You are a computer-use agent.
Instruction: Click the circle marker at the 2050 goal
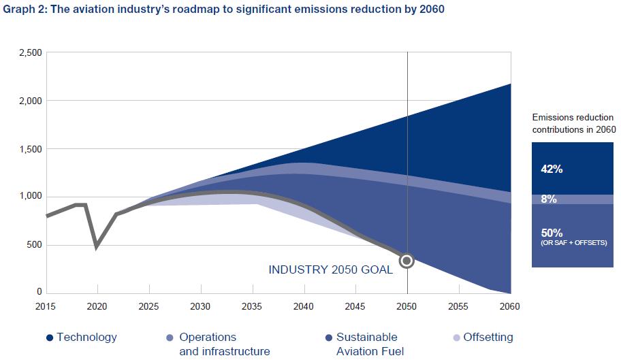pyautogui.click(x=407, y=260)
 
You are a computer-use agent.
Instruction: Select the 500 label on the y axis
pyautogui.click(x=35, y=245)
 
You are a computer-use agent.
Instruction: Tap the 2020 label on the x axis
pyautogui.click(x=97, y=306)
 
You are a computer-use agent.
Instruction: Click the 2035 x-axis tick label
pyautogui.click(x=252, y=306)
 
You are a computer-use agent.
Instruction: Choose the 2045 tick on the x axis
pyautogui.click(x=355, y=306)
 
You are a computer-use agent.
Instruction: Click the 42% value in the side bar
pyautogui.click(x=552, y=169)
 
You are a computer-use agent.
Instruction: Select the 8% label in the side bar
pyautogui.click(x=549, y=199)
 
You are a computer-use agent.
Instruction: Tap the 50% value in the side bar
pyautogui.click(x=552, y=233)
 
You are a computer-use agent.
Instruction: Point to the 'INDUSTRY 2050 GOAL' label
pyautogui.click(x=330, y=269)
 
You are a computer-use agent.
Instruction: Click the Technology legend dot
pyautogui.click(x=50, y=338)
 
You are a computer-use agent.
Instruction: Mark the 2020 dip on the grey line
pyautogui.click(x=97, y=246)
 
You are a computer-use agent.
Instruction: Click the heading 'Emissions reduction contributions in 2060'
pyautogui.click(x=573, y=123)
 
